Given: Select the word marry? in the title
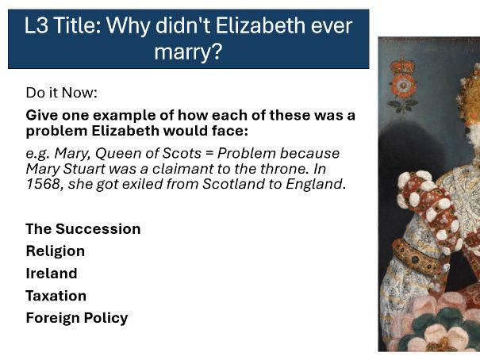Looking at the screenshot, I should [x=189, y=53].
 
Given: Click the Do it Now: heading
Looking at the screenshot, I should [x=61, y=93].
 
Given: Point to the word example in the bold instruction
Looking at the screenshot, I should [x=127, y=115].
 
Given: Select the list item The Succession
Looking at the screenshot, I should [x=83, y=229].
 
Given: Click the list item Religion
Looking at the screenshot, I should [x=55, y=251].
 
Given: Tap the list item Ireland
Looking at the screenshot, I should [x=52, y=274].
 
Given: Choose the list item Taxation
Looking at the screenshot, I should [x=56, y=296].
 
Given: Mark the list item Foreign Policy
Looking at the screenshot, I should [x=76, y=318].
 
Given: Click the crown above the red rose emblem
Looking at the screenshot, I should [x=404, y=66].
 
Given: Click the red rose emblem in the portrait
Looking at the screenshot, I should [x=404, y=86].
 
